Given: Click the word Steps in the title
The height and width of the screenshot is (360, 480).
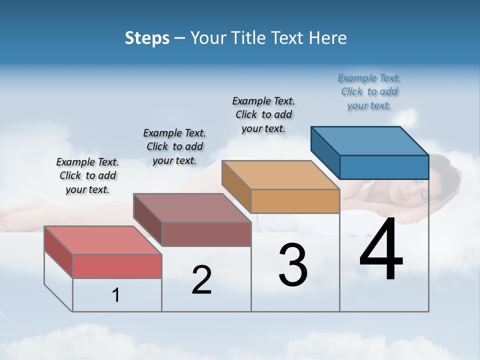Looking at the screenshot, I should pos(147,38).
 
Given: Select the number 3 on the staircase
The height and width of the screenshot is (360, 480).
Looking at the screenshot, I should pos(293,265).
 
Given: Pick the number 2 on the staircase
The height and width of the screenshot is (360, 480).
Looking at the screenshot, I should pos(202,280).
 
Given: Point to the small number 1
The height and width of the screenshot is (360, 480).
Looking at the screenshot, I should pos(116,295).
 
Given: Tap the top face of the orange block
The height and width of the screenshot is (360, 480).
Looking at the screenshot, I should pos(280,175).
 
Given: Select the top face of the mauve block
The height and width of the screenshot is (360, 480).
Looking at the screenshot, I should pos(192,207).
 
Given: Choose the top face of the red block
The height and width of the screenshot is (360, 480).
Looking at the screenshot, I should pos(103,240).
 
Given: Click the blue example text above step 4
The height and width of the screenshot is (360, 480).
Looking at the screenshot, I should pos(369,91).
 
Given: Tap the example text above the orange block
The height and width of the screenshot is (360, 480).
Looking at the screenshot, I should pos(263,114).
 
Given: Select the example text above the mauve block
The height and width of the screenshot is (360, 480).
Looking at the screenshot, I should pos(174,146).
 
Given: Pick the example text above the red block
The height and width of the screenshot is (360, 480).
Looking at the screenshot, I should pos(87,175).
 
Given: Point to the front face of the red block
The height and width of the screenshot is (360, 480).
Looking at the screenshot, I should pos(117,266).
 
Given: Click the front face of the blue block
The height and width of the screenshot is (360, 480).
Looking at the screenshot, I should pos(384,167).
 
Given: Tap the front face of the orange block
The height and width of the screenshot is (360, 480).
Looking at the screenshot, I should pos(295,201).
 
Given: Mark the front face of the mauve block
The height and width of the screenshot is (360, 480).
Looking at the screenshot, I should pos(206,234).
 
